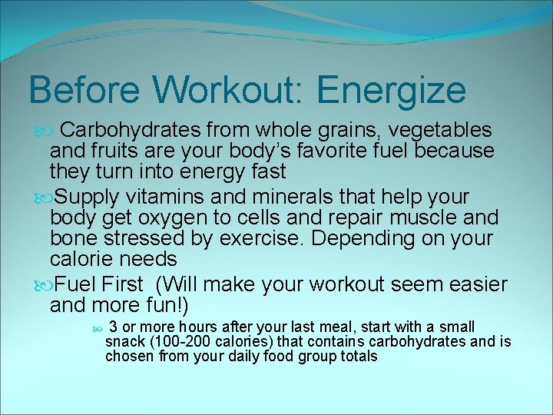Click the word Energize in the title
tap(391, 90)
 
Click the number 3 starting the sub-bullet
tap(113, 327)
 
